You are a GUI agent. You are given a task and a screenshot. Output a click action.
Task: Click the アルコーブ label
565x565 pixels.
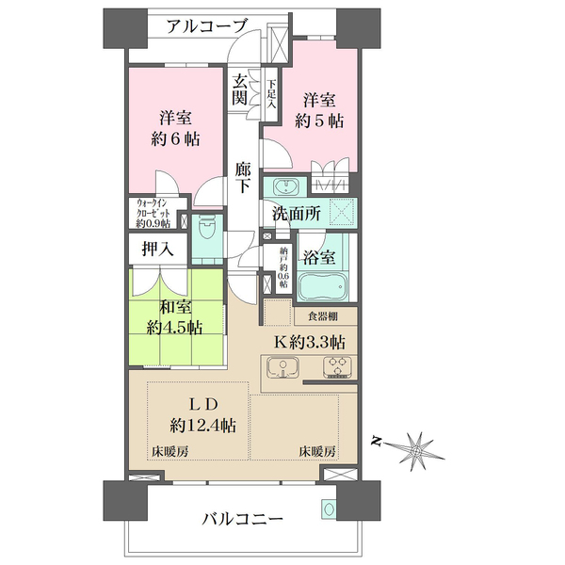pos(208,25)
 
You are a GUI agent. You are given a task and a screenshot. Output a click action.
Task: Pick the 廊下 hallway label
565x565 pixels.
pos(243,177)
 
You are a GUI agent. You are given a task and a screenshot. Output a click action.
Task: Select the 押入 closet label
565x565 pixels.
pos(155,250)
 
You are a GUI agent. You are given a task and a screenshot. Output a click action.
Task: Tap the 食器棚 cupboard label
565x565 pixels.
pos(324,316)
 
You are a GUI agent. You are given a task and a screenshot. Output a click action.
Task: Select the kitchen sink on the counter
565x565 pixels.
pos(283,368)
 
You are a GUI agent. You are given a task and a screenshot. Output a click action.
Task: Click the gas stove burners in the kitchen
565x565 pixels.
pos(334,368)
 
